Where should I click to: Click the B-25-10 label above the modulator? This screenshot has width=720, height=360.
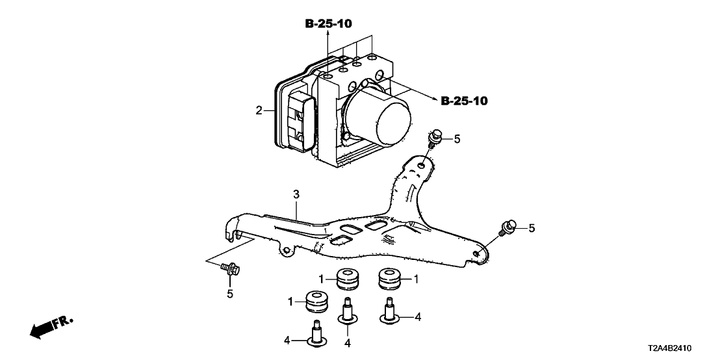(329, 25)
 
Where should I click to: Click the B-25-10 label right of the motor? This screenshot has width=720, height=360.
(464, 101)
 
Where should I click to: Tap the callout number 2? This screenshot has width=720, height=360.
(259, 111)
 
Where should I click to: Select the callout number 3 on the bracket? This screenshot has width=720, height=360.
(296, 194)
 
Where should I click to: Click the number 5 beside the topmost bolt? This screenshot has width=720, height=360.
(456, 138)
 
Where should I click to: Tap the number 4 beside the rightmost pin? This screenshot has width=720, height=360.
(418, 316)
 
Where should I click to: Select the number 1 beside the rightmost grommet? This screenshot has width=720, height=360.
(416, 279)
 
